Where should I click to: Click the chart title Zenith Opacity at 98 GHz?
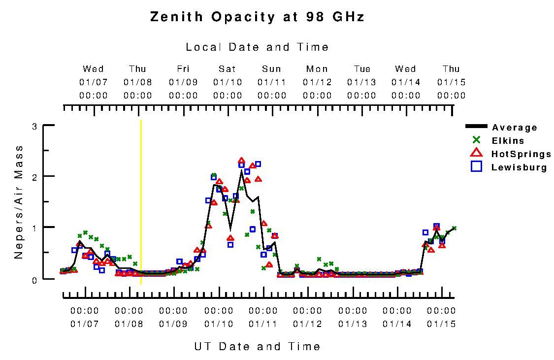pyautogui.click(x=257, y=17)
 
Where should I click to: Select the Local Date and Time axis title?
pyautogui.click(x=257, y=47)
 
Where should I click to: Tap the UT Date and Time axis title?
pyautogui.click(x=257, y=346)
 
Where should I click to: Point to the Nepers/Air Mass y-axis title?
pyautogui.click(x=19, y=202)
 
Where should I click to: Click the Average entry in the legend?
pyautogui.click(x=515, y=128)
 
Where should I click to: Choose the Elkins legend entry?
pyautogui.click(x=508, y=141)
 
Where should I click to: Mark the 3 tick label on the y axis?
pyautogui.click(x=34, y=126)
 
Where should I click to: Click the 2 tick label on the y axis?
pyautogui.click(x=34, y=177)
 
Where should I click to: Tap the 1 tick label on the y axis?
pyautogui.click(x=34, y=228)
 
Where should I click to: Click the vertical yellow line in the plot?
pyautogui.click(x=141, y=197)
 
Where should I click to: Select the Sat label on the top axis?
pyautogui.click(x=228, y=69)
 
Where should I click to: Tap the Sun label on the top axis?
pyautogui.click(x=272, y=69)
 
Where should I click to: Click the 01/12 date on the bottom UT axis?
pyautogui.click(x=307, y=324)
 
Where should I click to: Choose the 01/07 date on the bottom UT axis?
pyautogui.click(x=85, y=324)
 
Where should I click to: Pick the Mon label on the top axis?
pyautogui.click(x=317, y=69)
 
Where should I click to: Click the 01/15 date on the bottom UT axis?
pyautogui.click(x=441, y=324)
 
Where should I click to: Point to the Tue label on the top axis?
pyautogui.click(x=362, y=69)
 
